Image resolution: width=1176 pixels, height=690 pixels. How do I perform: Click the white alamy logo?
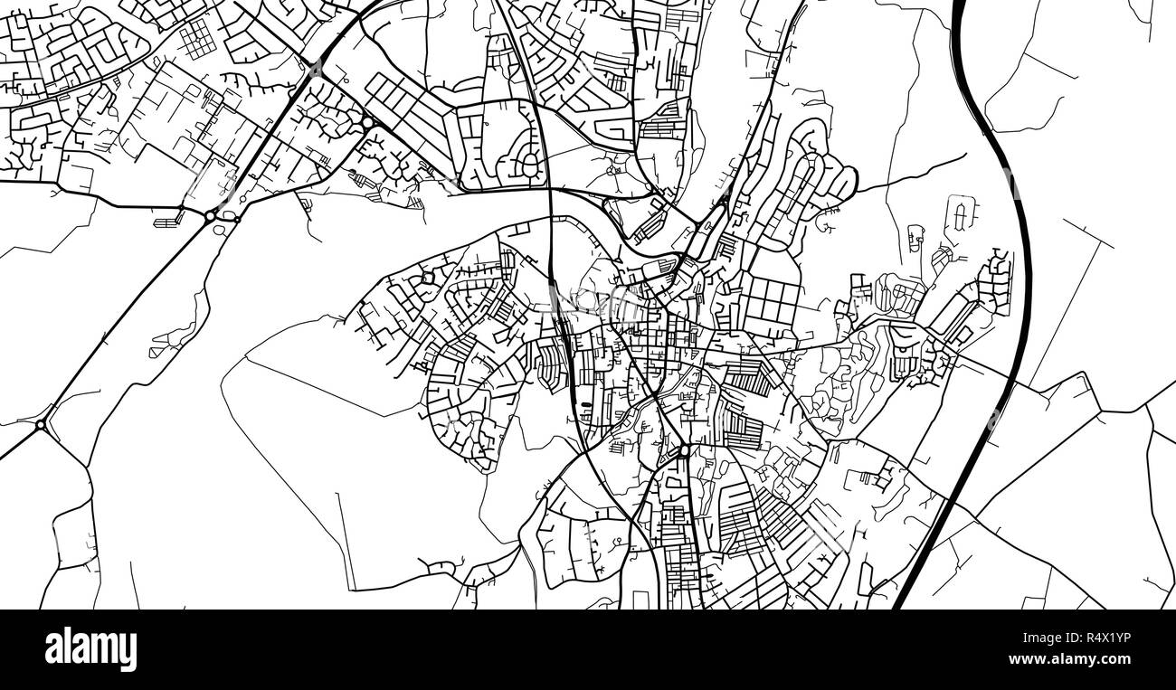(90, 649)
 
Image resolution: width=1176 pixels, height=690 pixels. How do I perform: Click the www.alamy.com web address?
(1085, 661)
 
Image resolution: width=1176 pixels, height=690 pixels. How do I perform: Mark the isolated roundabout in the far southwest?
(41, 423)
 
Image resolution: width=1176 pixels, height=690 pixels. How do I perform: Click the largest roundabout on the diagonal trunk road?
(210, 215)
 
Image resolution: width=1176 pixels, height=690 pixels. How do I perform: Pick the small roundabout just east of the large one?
(237, 216)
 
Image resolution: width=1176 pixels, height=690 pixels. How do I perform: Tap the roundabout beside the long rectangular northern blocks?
(367, 123)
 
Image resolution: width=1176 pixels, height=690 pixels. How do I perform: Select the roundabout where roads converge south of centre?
(685, 449)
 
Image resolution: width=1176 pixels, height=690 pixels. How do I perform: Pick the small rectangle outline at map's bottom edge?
(640, 600)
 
